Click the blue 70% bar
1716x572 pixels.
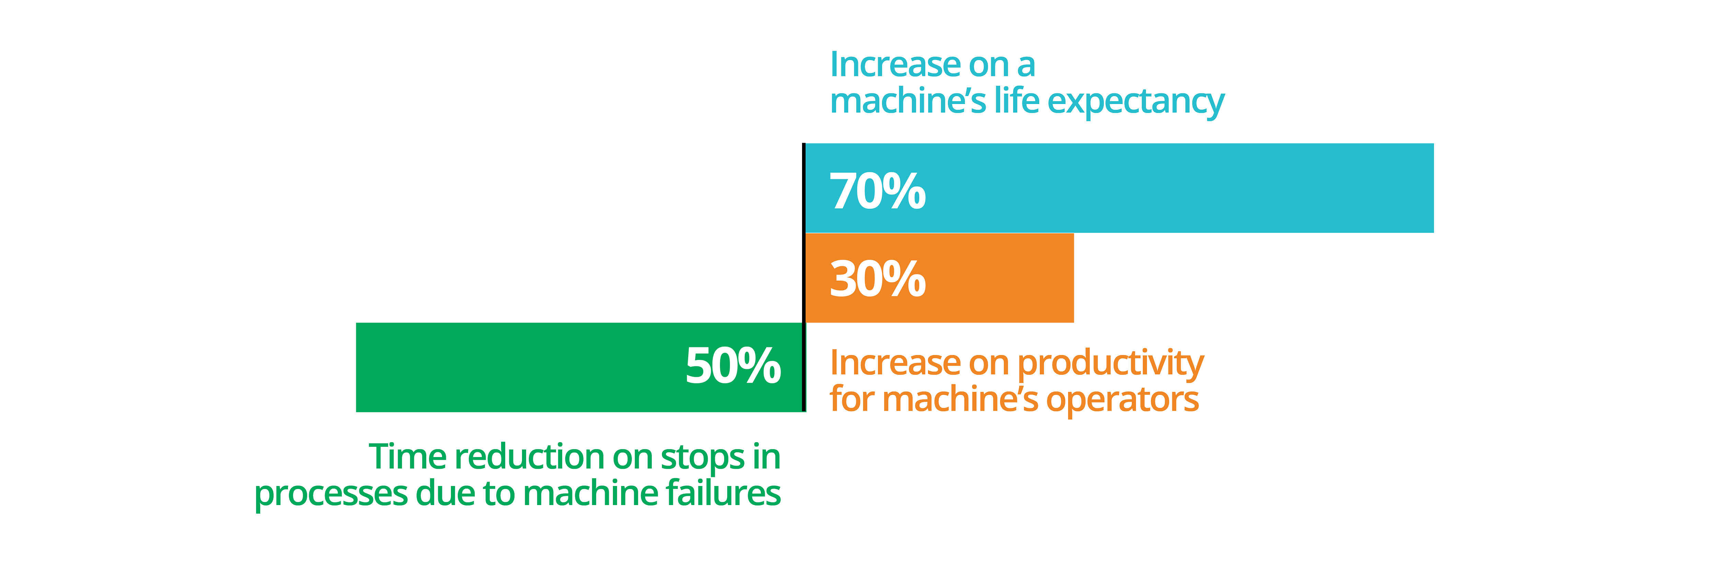tap(1119, 188)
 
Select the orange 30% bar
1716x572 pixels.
tap(939, 278)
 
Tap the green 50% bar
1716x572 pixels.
tap(580, 367)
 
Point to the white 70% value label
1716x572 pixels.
tap(877, 191)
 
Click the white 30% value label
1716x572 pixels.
tap(877, 278)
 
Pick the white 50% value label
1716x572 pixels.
tap(733, 365)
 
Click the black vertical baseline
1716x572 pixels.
tap(804, 277)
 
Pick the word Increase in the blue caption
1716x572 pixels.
tap(895, 65)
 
